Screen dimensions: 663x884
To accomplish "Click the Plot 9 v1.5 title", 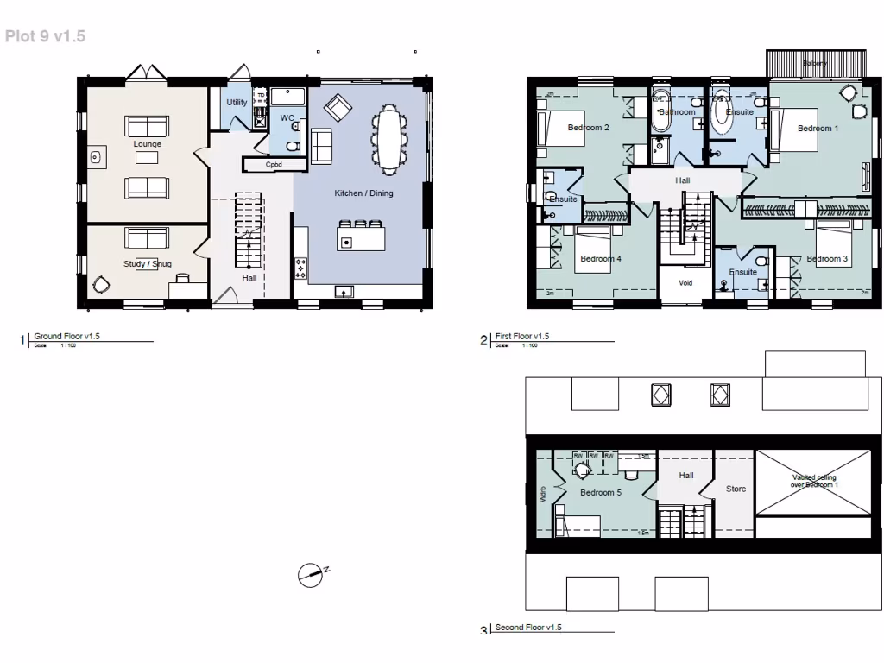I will tap(45, 36).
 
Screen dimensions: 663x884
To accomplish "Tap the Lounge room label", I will tap(148, 144).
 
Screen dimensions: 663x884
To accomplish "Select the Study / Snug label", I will tap(147, 264).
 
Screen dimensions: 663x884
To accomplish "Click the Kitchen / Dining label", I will tap(363, 193).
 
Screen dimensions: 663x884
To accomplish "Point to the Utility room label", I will tap(237, 102).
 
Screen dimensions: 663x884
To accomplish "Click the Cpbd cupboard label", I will tap(274, 164).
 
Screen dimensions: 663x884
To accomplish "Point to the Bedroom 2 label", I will tap(589, 128).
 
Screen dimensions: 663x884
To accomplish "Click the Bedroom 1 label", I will tap(818, 129).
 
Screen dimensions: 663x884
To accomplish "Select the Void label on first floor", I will tap(685, 282).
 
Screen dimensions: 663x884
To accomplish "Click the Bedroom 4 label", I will tap(601, 259).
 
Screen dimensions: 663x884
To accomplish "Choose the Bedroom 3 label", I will tap(826, 259).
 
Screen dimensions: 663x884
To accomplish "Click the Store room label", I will tap(736, 489).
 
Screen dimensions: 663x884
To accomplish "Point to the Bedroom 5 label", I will tap(601, 493).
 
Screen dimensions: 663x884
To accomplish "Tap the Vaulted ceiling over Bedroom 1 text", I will tap(814, 481).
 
